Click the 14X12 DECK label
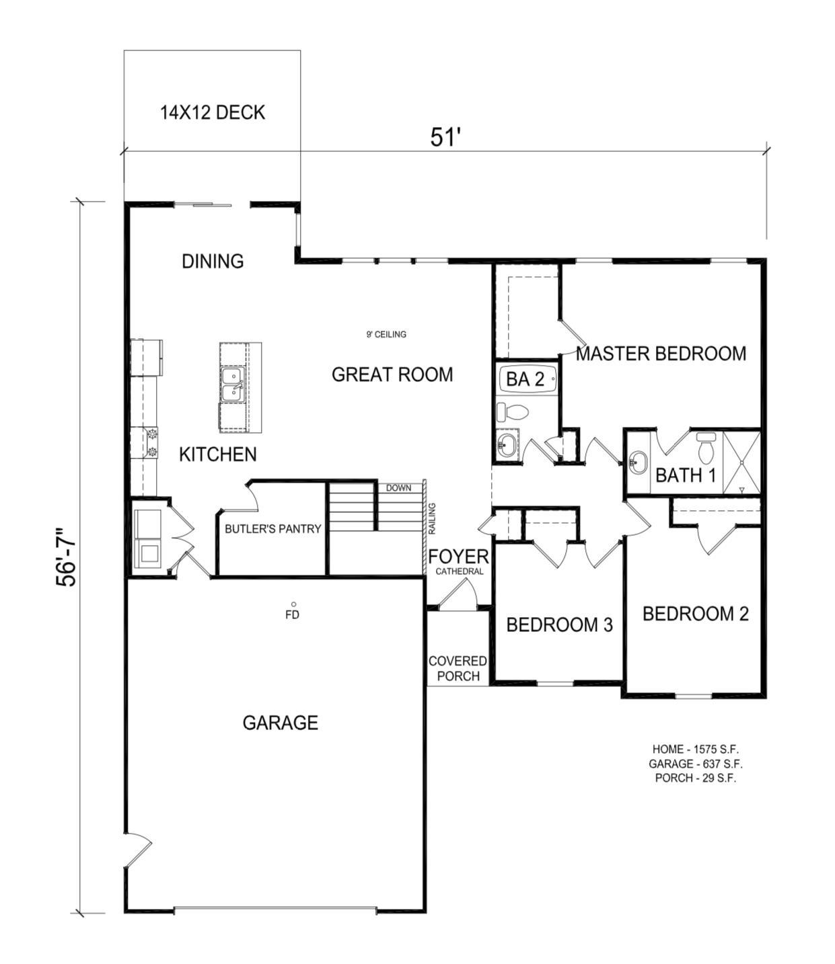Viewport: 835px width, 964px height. [213, 112]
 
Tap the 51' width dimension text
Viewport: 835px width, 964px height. [445, 137]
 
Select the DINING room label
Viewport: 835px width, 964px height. [213, 261]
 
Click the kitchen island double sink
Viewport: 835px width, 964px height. [232, 388]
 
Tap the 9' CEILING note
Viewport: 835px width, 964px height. [386, 334]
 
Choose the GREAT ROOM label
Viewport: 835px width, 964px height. [392, 374]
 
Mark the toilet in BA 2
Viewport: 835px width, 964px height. [511, 411]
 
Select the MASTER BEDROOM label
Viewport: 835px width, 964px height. [661, 354]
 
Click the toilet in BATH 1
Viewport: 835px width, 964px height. [706, 446]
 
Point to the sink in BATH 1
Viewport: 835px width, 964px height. [637, 462]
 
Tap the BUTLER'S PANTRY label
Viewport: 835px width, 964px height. [273, 529]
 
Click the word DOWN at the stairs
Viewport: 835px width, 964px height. [398, 487]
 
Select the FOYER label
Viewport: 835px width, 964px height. [458, 557]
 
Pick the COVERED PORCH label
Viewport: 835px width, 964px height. [458, 669]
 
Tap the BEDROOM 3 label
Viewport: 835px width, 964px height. [559, 625]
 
